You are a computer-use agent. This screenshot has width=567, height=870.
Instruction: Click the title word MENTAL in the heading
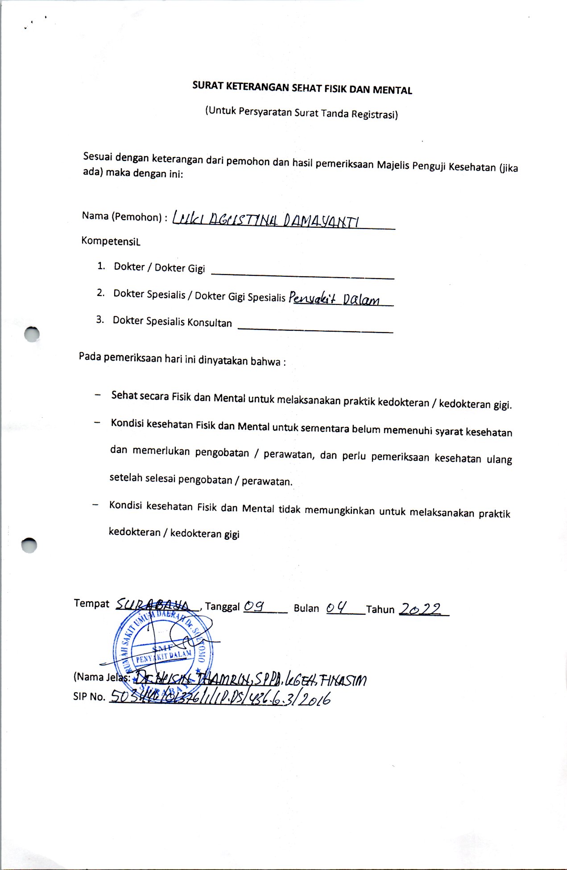tap(392, 90)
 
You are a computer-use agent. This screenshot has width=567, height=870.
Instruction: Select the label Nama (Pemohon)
tap(121, 217)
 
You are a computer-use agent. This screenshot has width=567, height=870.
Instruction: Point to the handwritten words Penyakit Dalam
tap(335, 298)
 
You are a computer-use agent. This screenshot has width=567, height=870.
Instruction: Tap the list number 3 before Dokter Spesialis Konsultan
tap(100, 320)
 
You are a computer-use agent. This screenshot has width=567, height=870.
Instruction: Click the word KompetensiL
tap(111, 241)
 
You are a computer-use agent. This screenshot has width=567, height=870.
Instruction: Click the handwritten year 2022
tap(420, 609)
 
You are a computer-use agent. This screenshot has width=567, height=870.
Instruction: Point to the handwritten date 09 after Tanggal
tap(255, 606)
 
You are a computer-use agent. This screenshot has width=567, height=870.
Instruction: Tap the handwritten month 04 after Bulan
tap(336, 608)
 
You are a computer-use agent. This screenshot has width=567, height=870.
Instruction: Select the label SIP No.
tap(89, 696)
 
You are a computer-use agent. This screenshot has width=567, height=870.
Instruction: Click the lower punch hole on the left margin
tap(29, 545)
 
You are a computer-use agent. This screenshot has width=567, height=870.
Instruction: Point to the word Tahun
tap(380, 609)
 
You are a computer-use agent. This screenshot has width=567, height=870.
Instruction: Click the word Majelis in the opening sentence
tap(393, 165)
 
